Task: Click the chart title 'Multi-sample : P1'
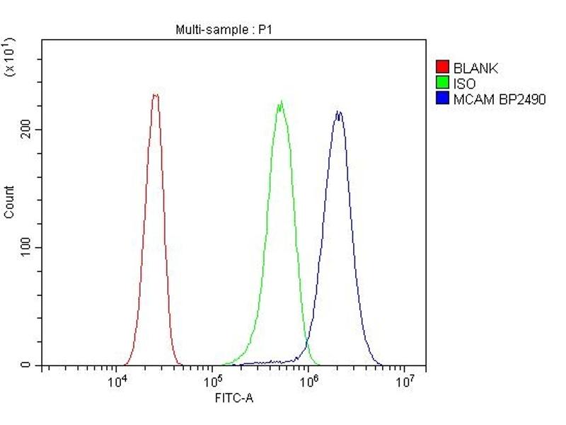pos(224,30)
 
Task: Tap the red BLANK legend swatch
pos(443,68)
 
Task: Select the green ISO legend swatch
pos(443,84)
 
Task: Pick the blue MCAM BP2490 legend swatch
pos(443,99)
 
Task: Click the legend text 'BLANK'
pos(476,68)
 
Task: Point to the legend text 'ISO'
pos(464,84)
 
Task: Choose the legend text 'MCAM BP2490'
pos(499,99)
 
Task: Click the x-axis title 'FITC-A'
pos(233,398)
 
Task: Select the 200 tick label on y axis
pos(27,130)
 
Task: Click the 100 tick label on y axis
pos(27,247)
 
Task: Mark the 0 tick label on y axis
pos(27,365)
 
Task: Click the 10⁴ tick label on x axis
pos(117,382)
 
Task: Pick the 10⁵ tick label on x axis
pos(212,382)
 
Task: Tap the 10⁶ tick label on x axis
pos(308,382)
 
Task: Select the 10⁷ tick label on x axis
pos(404,382)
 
